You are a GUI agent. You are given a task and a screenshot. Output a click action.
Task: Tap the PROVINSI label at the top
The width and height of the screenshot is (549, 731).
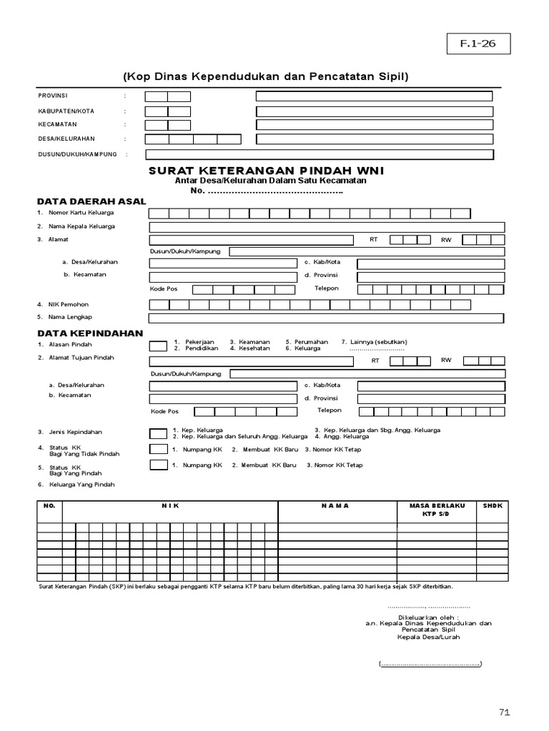(54, 95)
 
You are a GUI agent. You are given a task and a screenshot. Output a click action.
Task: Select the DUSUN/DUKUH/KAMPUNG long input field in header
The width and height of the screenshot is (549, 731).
(320, 154)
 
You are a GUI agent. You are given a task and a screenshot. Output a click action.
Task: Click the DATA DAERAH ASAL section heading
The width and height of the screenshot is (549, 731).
(91, 201)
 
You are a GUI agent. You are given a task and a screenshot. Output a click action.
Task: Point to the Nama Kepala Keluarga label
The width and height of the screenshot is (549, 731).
(81, 226)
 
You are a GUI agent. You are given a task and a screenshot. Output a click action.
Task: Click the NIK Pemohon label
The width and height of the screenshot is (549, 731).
(69, 304)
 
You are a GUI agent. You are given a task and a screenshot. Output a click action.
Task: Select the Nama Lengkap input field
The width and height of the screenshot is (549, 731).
(327, 317)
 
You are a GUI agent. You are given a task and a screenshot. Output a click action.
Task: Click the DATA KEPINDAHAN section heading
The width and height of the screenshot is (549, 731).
(90, 333)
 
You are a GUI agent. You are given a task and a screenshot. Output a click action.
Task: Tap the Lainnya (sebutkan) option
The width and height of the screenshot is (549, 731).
(374, 342)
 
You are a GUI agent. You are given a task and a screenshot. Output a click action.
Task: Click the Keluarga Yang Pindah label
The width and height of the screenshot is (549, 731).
(81, 485)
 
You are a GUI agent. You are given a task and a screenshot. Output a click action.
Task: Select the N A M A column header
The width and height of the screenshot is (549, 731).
(335, 505)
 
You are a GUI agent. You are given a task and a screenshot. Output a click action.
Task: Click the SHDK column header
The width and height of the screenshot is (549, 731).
(493, 505)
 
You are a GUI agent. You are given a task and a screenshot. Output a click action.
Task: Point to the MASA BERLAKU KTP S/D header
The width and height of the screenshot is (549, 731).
(437, 510)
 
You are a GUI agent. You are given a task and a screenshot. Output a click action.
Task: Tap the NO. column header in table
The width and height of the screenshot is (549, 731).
(49, 505)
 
